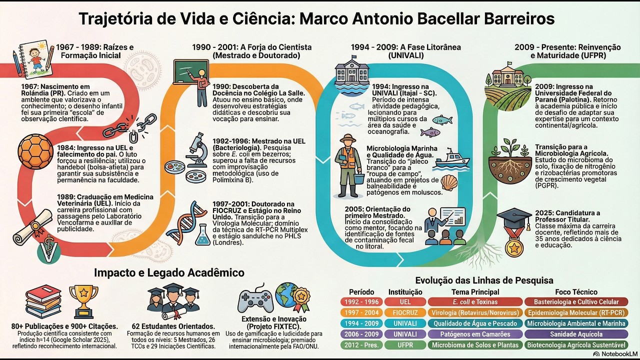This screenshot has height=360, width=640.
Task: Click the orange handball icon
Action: [35, 151]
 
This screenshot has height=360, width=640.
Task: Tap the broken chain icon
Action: [130, 127]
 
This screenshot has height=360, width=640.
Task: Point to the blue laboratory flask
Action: [202, 234]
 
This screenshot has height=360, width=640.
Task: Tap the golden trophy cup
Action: [83, 301]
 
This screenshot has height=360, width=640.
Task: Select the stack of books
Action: [43, 301]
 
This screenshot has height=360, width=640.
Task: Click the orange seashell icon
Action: [449, 183]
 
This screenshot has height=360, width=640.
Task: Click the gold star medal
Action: [514, 247]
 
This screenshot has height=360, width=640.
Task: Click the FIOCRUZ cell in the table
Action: [405, 312]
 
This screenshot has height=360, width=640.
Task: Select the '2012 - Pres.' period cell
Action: [361, 345]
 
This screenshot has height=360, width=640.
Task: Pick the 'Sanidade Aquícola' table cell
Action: [576, 334]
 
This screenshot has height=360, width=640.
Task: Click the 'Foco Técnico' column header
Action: [576, 292]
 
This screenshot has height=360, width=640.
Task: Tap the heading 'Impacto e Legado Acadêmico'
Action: [169, 272]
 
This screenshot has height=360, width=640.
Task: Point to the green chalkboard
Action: [191, 71]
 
